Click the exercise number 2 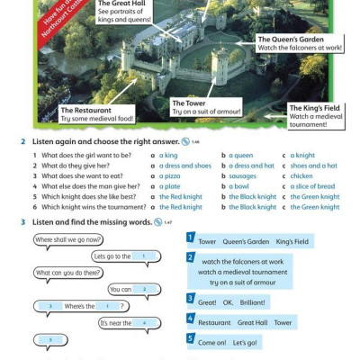(x=22, y=142)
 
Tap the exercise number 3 (x=22, y=221)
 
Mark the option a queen (x=240, y=156)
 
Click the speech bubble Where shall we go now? (x=68, y=240)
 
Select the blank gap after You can (x=145, y=289)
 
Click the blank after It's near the (x=145, y=322)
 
